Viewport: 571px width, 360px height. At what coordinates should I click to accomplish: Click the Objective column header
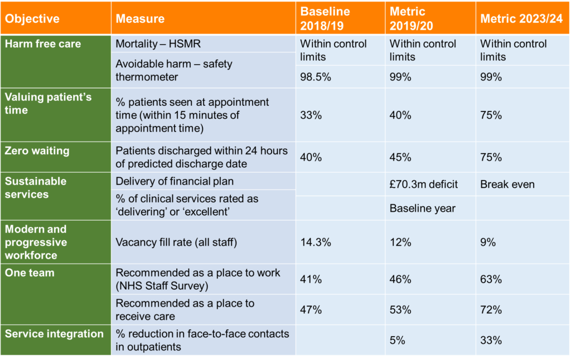(32, 18)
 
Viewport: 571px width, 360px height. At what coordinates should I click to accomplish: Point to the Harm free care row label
(43, 44)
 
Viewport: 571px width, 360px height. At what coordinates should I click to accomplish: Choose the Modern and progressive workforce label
(36, 242)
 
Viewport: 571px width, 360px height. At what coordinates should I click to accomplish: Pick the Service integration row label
(54, 334)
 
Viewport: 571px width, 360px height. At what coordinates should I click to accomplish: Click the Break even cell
(507, 184)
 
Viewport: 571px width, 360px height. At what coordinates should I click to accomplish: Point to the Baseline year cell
(422, 208)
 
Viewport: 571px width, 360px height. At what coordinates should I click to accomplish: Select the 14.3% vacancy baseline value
(316, 242)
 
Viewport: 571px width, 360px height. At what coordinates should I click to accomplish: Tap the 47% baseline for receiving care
(312, 309)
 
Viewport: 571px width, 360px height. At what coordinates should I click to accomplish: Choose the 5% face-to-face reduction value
(398, 340)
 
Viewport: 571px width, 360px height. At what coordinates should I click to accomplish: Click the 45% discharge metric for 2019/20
(400, 157)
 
